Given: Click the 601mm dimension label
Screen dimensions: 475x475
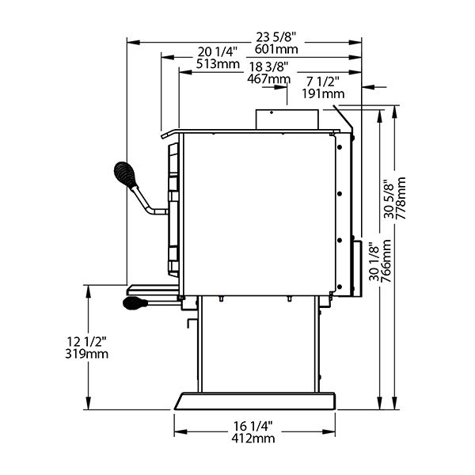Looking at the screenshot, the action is click(276, 49).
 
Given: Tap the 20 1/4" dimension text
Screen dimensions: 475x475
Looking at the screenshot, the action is click(217, 51).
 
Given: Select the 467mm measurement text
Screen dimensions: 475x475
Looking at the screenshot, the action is click(268, 78).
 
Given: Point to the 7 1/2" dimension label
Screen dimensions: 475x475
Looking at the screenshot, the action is click(323, 82).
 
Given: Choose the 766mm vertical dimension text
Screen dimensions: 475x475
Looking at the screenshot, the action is click(386, 260).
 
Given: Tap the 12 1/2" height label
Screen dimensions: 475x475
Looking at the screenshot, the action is click(86, 342).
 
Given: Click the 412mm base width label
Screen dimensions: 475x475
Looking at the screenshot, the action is click(253, 439).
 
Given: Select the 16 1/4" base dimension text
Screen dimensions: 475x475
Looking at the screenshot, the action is click(253, 426).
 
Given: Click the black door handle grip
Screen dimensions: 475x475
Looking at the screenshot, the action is click(125, 175).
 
